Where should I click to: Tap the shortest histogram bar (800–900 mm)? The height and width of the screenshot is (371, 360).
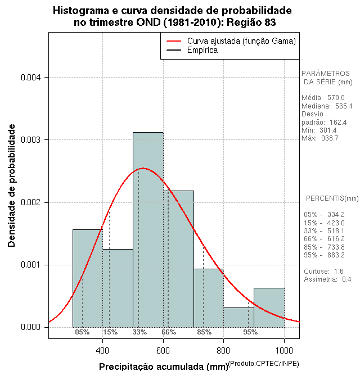(238, 317)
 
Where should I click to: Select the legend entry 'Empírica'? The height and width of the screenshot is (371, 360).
(202, 50)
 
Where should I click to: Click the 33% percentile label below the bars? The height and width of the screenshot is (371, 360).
(139, 332)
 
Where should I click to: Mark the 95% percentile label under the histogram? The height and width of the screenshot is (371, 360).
(250, 332)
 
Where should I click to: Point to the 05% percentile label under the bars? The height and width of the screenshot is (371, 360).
(82, 332)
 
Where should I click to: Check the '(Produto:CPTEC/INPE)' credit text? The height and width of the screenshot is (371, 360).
(263, 364)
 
